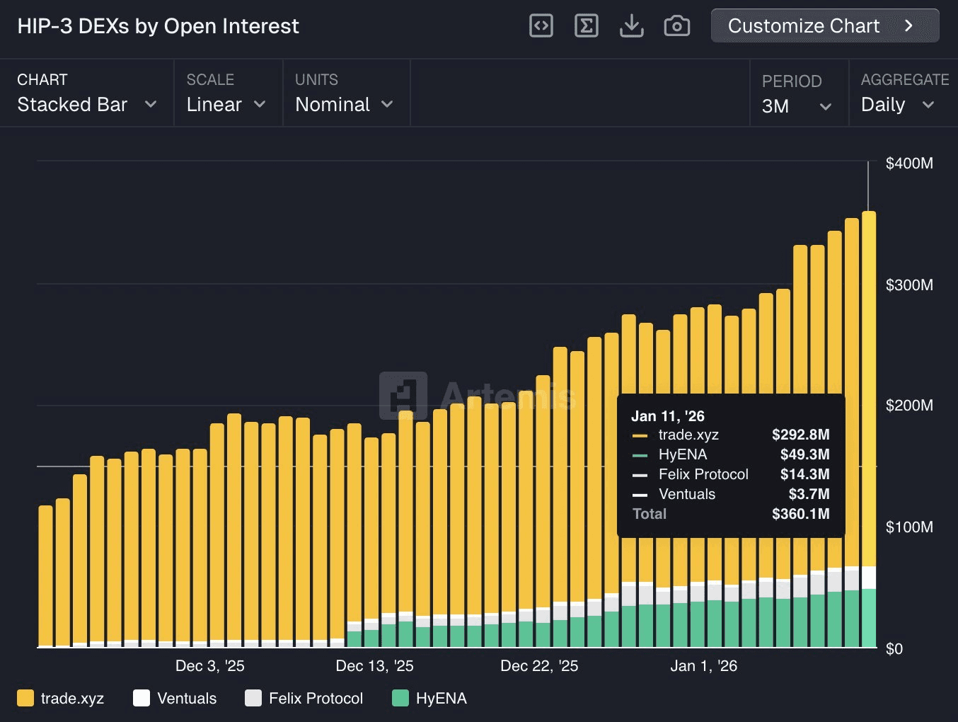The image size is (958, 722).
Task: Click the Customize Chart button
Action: pos(824,26)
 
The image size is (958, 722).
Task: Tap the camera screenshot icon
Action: pos(676,26)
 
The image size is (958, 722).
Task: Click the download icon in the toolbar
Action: pos(631,26)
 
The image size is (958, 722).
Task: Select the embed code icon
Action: pos(541,26)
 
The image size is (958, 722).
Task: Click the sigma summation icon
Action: pos(586,26)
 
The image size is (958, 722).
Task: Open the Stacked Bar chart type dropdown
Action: pos(86,105)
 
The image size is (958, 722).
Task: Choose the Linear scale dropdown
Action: pos(226,105)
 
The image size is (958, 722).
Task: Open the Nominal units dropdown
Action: pos(344,105)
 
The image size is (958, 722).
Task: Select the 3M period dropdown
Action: pos(796,106)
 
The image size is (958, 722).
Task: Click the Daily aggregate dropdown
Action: pos(897,105)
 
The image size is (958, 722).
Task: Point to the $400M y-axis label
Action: pos(909,164)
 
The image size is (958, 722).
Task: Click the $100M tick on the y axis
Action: pos(909,527)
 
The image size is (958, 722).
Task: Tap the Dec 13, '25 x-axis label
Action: pos(374,666)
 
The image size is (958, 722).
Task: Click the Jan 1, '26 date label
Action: pos(703,666)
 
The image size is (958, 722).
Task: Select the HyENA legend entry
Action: pos(430,699)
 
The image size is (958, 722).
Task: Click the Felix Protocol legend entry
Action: pos(304,699)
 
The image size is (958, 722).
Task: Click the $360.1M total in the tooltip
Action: pos(800,514)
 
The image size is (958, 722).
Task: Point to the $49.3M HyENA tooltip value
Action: pos(804,454)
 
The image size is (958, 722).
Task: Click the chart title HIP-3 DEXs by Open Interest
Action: pos(158,26)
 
